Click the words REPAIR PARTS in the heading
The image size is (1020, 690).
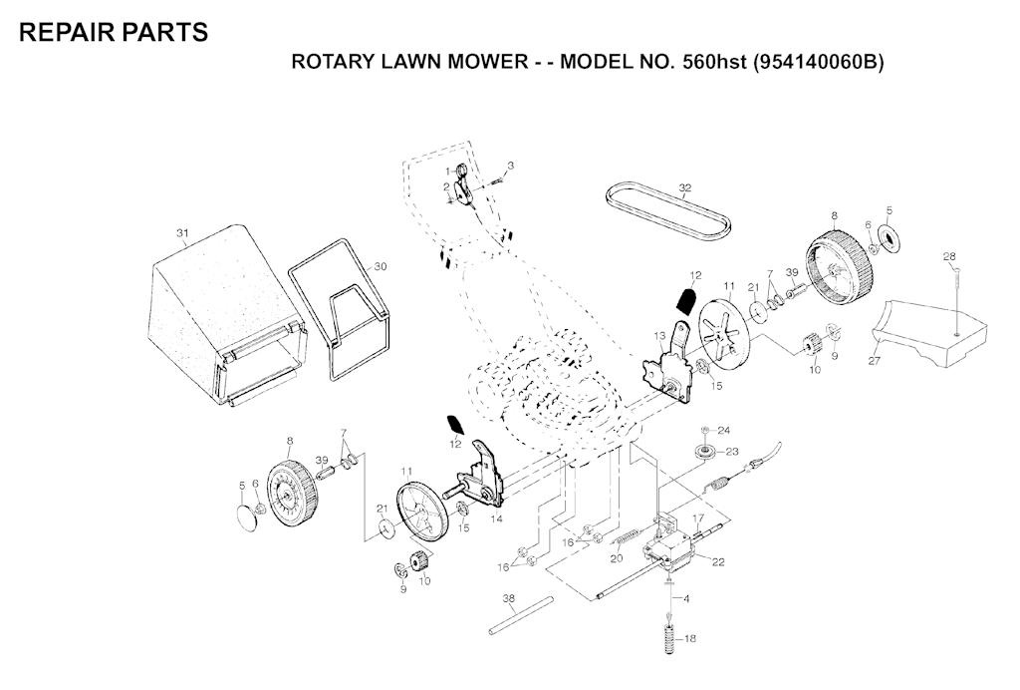pyautogui.click(x=114, y=32)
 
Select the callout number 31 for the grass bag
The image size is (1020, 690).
pyautogui.click(x=182, y=233)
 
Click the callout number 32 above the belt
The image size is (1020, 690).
pyautogui.click(x=684, y=187)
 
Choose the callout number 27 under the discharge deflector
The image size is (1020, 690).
pyautogui.click(x=874, y=361)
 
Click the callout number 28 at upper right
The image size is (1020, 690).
pyautogui.click(x=949, y=257)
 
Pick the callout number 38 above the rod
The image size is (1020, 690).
pyautogui.click(x=509, y=598)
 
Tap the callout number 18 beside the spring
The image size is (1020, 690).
pyautogui.click(x=689, y=638)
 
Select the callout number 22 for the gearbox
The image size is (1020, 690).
pyautogui.click(x=718, y=562)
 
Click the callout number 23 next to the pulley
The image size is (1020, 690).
pyautogui.click(x=732, y=452)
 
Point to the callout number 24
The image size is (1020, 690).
pyautogui.click(x=724, y=431)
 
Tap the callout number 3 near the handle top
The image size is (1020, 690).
pyautogui.click(x=510, y=165)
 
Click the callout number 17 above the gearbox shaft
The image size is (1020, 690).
pyautogui.click(x=699, y=517)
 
